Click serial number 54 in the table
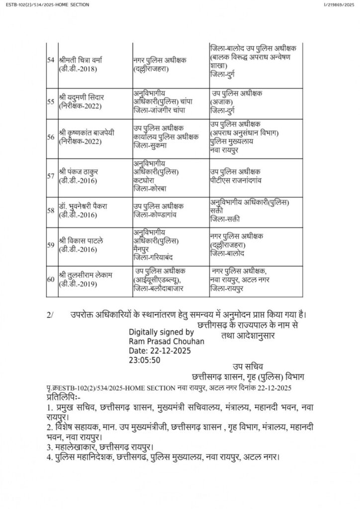coord(50,60)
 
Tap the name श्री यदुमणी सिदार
coord(83,97)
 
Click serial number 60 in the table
coord(50,279)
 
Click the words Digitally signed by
coord(161,332)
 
